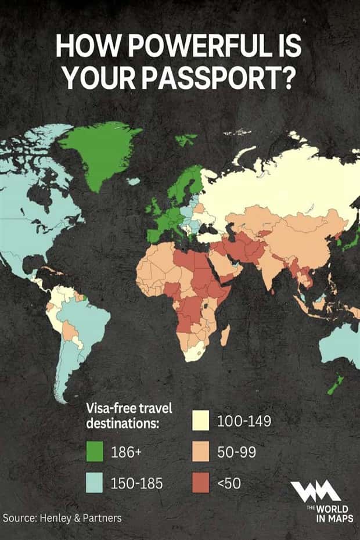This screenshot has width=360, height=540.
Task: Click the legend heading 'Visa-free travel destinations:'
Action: coord(129,416)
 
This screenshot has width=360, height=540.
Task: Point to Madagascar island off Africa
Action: coord(225,336)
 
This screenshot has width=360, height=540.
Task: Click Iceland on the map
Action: coord(134,181)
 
